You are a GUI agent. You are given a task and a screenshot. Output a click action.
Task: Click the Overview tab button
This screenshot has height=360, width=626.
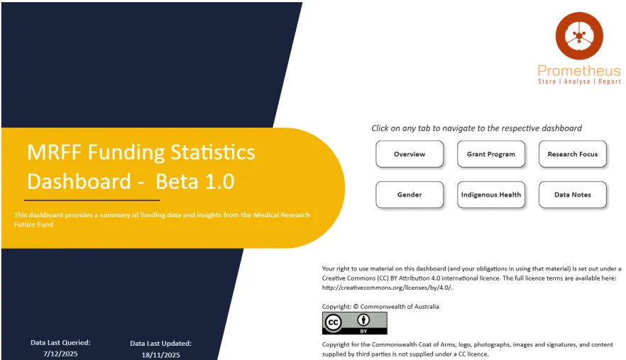[410, 154]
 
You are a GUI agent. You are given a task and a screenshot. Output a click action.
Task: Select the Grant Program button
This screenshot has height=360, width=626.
[491, 154]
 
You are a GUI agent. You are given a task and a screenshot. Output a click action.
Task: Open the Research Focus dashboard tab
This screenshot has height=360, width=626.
[573, 154]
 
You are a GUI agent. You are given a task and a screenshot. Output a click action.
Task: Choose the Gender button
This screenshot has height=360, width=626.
[410, 195]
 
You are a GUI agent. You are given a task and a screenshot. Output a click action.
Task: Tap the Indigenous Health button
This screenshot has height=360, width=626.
[491, 195]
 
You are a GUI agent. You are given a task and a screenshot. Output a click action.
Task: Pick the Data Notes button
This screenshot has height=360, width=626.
[573, 195]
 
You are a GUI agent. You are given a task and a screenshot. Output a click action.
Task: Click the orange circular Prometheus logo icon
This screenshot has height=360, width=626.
[579, 36]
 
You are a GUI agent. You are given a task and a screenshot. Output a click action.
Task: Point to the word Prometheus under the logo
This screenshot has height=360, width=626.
[579, 71]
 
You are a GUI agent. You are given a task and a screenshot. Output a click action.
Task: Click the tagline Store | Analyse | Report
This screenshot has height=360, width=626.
[579, 82]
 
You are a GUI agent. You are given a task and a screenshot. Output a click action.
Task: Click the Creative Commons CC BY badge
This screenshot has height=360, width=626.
[355, 323]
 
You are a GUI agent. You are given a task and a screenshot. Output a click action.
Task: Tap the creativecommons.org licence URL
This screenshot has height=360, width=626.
[387, 288]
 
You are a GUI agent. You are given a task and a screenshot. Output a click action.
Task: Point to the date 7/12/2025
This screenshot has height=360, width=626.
[60, 353]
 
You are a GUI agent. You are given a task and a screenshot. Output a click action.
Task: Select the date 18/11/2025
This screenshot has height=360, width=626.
[161, 354]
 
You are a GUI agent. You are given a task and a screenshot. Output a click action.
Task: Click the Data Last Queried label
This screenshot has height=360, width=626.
[60, 342]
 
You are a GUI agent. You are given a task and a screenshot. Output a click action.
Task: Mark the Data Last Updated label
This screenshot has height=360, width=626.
[161, 343]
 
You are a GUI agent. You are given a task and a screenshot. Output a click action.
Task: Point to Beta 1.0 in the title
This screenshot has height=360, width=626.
[195, 182]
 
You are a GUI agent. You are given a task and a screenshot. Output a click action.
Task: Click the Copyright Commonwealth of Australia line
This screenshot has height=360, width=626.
[380, 307]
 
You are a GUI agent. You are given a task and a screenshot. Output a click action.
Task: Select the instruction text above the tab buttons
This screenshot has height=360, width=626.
[476, 129]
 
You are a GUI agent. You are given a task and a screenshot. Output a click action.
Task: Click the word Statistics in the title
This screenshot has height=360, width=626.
[212, 152]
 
